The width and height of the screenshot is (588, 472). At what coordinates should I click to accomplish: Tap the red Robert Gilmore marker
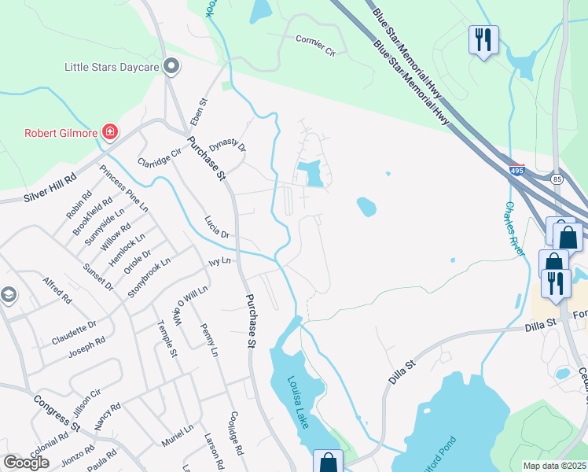[x=109, y=132]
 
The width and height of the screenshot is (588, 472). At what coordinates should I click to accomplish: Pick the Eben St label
[x=197, y=112]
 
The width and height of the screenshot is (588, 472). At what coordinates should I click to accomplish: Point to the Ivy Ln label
[x=219, y=260]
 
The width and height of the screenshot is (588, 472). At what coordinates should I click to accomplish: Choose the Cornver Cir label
[x=315, y=46]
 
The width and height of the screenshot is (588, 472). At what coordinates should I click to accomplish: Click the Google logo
[x=26, y=462]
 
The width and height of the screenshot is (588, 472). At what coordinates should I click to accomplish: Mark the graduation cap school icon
[x=8, y=295]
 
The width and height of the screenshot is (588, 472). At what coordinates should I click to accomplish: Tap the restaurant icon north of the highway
[x=483, y=39]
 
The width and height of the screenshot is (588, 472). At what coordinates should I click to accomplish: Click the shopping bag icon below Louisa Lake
[x=327, y=462]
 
